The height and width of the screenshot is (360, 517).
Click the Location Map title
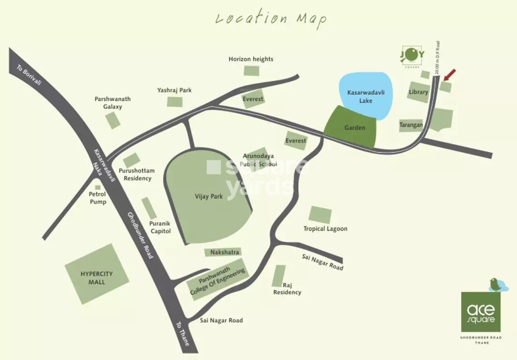coord(271,19)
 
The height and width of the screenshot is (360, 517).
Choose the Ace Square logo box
coord(480,311)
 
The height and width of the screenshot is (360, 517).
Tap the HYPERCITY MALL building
coord(97,274)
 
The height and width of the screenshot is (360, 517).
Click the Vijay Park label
coord(209,197)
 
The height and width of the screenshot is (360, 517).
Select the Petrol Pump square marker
coord(97,187)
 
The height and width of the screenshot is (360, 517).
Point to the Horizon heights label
coord(251,59)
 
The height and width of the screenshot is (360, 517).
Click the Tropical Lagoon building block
coord(320,215)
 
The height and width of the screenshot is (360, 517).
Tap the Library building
coord(418,92)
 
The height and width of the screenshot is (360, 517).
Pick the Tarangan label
coord(411,125)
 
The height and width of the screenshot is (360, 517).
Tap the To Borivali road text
coord(29,74)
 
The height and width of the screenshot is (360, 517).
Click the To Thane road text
coord(182,334)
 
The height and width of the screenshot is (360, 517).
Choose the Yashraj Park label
coord(174,90)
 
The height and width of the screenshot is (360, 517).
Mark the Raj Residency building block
coord(279,276)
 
